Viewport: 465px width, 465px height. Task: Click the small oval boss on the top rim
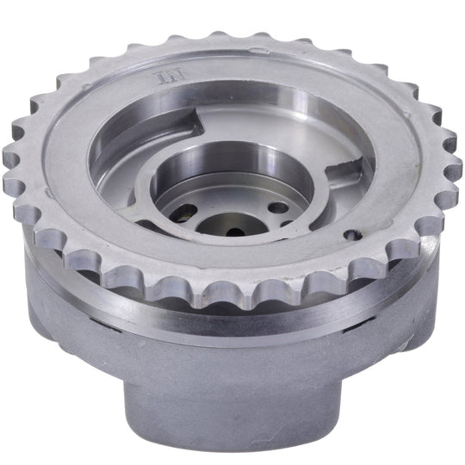point(260,50)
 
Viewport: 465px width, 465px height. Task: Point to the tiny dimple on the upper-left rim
point(87,87)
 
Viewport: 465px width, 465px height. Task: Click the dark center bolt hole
point(235,232)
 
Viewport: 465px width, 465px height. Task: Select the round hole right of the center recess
point(278,208)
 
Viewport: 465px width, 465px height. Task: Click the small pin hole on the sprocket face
point(353,235)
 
